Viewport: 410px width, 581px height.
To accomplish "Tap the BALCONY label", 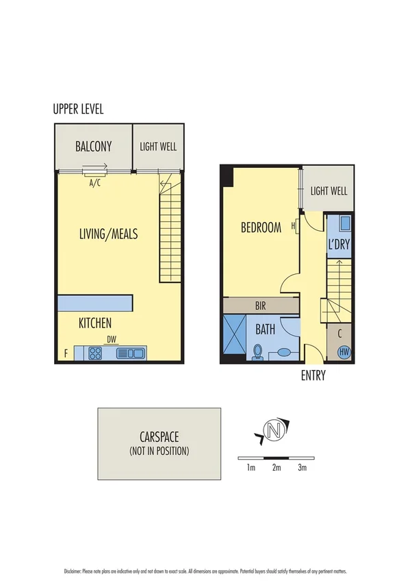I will click(x=93, y=147).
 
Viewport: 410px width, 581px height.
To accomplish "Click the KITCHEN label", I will click(x=95, y=323).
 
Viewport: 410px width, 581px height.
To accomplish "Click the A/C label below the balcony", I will click(x=96, y=183).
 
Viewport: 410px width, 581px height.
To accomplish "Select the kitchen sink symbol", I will click(x=130, y=354).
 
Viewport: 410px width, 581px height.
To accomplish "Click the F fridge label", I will click(x=66, y=354).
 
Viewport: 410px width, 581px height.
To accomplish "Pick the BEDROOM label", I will click(x=261, y=228).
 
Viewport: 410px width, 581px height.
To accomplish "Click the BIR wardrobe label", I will click(x=261, y=306).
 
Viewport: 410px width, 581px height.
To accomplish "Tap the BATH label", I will click(x=265, y=330).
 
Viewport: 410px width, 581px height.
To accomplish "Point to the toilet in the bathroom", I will click(x=258, y=352).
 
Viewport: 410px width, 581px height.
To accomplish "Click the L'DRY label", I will click(x=338, y=245).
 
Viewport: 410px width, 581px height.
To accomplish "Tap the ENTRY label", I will click(x=313, y=375).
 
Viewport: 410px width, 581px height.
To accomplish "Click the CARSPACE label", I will click(x=159, y=438).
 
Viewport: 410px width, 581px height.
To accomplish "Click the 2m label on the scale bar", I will click(x=276, y=468).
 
